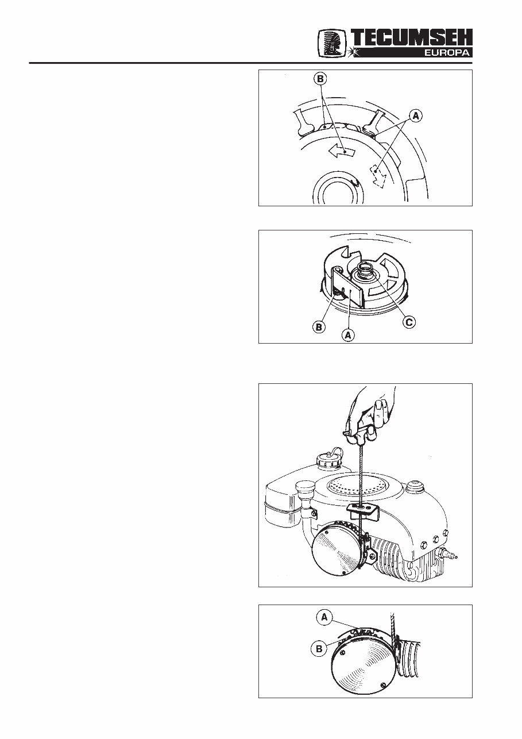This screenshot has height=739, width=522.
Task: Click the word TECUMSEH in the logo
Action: click(412, 39)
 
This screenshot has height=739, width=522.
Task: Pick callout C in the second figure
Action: click(408, 323)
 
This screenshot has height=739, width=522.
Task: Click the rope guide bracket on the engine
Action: click(362, 507)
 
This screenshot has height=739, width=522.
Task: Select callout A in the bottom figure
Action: click(324, 617)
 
